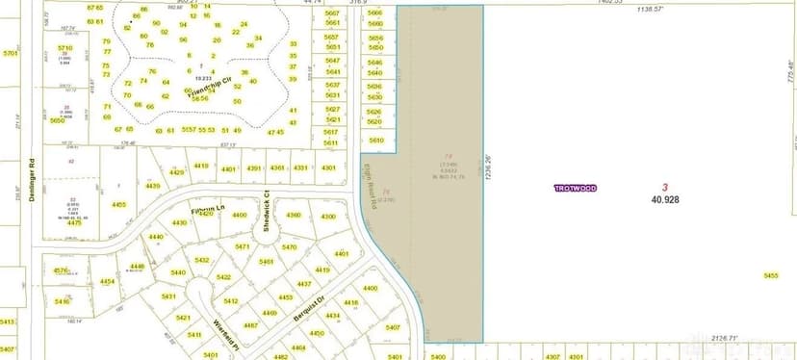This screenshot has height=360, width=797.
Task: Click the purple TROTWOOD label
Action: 576,189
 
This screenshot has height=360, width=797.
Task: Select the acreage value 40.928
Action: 664,199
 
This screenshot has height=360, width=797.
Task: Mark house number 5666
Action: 375,13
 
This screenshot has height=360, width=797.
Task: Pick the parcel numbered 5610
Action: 375,140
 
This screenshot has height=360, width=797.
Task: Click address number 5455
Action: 771,275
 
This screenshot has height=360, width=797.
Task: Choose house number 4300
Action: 328,217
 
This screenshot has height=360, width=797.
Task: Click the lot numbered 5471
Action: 243,247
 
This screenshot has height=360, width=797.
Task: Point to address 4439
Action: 153,186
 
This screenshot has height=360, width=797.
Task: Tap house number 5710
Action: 64,47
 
